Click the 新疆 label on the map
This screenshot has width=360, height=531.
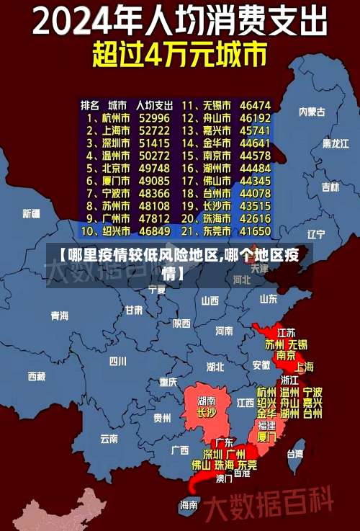click(x=31, y=213)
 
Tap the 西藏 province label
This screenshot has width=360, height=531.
click(x=36, y=376)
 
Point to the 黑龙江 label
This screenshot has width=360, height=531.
click(x=335, y=143)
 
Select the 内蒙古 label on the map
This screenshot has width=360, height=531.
click(x=312, y=112)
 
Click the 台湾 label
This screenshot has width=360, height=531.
click(x=295, y=454)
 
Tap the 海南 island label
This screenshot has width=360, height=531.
click(x=189, y=505)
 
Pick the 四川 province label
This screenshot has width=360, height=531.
click(x=117, y=361)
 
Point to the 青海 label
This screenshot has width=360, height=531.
click(x=59, y=316)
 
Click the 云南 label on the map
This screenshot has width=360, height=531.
click(x=109, y=437)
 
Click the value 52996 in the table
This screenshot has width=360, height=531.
click(x=154, y=117)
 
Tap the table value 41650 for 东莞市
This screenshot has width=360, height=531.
click(x=256, y=232)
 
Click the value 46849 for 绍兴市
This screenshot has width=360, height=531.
click(x=154, y=232)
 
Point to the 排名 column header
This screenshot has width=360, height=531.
click(x=89, y=105)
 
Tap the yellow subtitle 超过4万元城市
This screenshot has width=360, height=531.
click(x=179, y=55)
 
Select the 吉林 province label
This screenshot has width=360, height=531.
click(x=330, y=187)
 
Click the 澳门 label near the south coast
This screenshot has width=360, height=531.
click(x=224, y=477)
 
